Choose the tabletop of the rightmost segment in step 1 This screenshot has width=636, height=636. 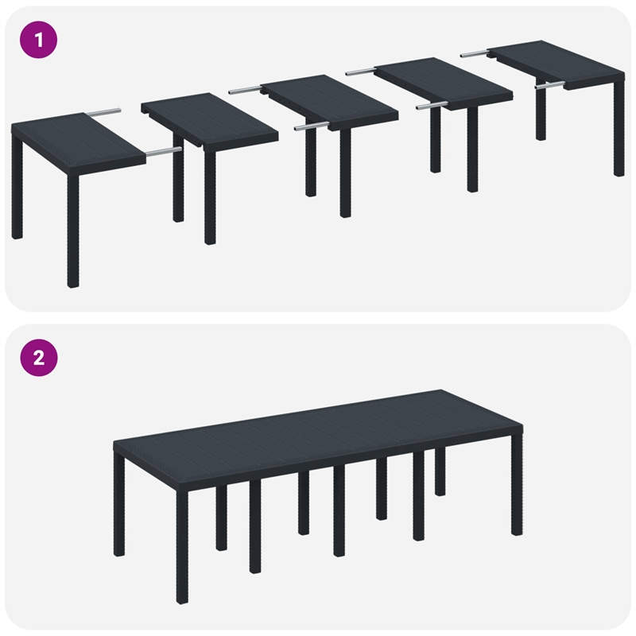click(553, 65)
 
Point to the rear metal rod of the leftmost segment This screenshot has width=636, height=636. click(105, 112)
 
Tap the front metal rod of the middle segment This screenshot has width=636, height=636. click(311, 126)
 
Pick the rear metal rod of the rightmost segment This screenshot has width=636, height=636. click(475, 54)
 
